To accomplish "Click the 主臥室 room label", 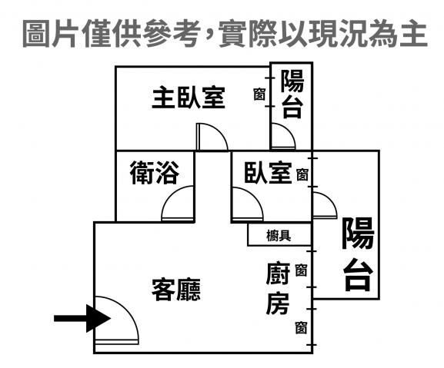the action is coord(189,98).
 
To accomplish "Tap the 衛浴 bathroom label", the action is coord(155,172).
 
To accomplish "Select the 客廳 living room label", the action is coord(176,290).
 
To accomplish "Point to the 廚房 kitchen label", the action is coord(278,289).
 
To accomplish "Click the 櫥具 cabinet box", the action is coord(279,234).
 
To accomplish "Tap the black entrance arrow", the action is coord(82,318).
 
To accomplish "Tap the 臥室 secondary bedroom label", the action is coord(268,173).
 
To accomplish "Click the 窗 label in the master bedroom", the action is coord(259,94).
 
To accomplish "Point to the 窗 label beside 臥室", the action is coord(302,174).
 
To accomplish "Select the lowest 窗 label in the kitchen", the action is coord(301,327).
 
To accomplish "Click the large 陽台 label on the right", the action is coord(358,254).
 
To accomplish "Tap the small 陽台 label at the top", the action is coord(292,94).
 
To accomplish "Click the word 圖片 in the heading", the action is coord(49,33).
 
